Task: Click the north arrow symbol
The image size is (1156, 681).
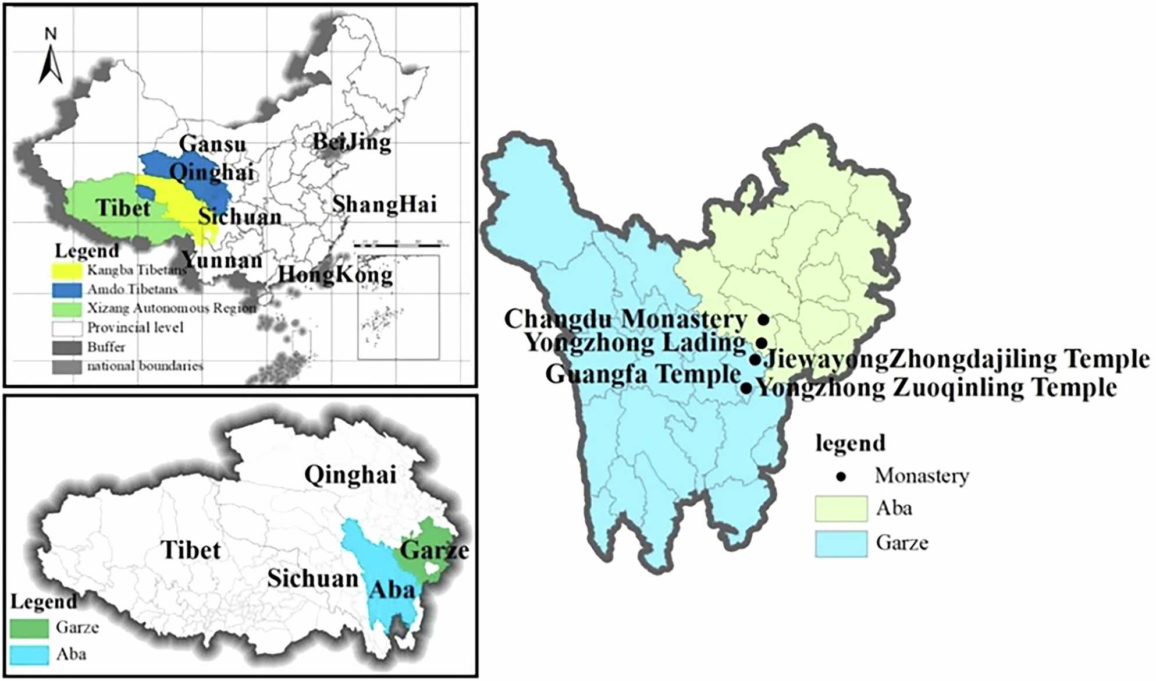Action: point(51,61)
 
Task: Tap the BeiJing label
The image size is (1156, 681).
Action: point(352,141)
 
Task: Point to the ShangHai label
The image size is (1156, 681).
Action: point(384,204)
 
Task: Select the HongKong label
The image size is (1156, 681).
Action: point(335,274)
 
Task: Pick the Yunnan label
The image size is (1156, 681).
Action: point(222,260)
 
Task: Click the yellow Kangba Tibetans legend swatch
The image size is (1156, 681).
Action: point(67,270)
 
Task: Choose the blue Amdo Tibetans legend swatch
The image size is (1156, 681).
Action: point(67,289)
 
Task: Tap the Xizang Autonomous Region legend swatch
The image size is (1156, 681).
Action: point(67,308)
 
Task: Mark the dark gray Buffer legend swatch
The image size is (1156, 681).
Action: point(67,347)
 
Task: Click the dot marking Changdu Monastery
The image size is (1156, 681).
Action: point(763,320)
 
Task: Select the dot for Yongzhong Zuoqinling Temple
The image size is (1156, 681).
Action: point(746,388)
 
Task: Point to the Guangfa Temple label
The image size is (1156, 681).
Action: point(643,374)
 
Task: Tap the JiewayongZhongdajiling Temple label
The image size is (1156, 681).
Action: point(956,359)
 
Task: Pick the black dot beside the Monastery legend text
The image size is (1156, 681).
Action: point(841,476)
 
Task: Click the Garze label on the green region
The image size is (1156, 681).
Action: point(434,550)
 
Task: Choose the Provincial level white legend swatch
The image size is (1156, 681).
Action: point(67,328)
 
